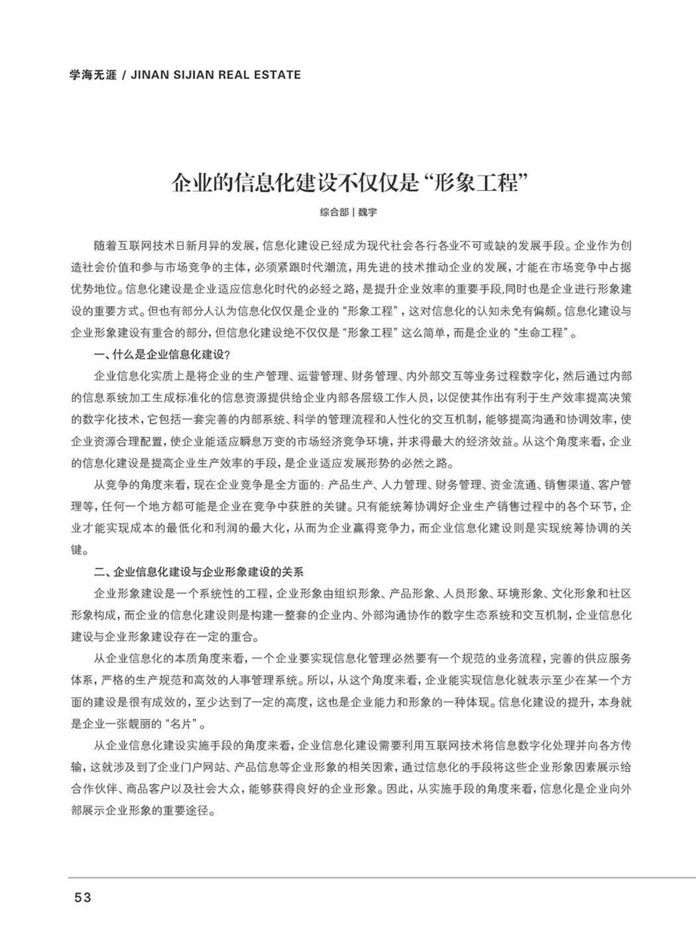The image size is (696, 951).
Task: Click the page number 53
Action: pyautogui.click(x=82, y=898)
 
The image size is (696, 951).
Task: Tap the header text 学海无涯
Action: pyautogui.click(x=93, y=75)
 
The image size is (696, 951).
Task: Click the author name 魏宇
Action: pyautogui.click(x=367, y=213)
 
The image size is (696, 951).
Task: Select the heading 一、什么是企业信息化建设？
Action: pyautogui.click(x=162, y=355)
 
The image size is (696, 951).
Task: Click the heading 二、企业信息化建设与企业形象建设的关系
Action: pyautogui.click(x=199, y=571)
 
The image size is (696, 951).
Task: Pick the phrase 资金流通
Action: pyautogui.click(x=499, y=484)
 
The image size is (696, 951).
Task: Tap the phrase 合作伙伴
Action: pyautogui.click(x=93, y=789)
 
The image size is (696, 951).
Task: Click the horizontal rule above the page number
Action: pyautogui.click(x=381, y=878)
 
